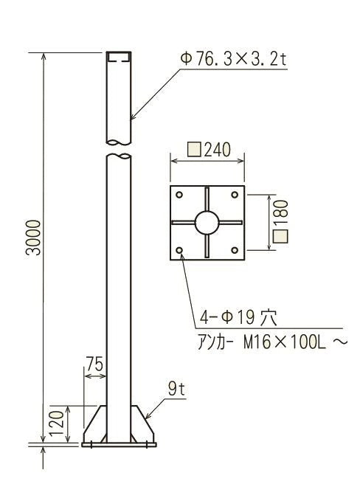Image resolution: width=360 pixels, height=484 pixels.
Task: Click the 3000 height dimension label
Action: click(33, 238)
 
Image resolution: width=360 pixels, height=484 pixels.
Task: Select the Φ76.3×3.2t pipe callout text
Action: click(234, 58)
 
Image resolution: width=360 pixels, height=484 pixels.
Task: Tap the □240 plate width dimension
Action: click(209, 150)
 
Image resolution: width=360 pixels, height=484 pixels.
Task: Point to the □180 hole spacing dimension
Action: click(280, 221)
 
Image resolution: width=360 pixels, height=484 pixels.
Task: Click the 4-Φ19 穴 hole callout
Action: click(238, 317)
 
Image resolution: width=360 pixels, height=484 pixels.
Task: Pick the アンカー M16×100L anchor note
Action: click(272, 342)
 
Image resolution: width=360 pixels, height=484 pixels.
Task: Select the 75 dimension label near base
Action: click(94, 364)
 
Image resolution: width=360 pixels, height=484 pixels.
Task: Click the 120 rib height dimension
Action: click(57, 423)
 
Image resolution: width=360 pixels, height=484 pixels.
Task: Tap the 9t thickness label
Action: click(176, 389)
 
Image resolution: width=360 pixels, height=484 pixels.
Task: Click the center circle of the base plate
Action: click(207, 223)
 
